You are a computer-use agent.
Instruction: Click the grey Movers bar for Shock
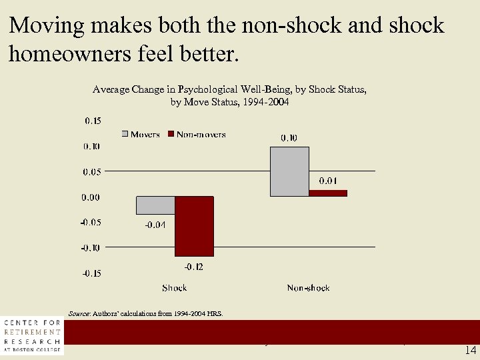pyautogui.click(x=155, y=205)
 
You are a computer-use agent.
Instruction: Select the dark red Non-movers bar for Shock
pyautogui.click(x=194, y=227)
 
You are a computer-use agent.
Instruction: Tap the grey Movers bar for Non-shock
pyautogui.click(x=289, y=171)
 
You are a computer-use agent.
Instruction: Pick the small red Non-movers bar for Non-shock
pyautogui.click(x=328, y=193)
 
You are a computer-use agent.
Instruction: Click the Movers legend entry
pyautogui.click(x=141, y=134)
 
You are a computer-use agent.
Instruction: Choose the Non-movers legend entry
pyautogui.click(x=197, y=134)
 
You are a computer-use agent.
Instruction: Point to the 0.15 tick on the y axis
pyautogui.click(x=93, y=121)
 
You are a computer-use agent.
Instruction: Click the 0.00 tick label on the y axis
pyautogui.click(x=91, y=197)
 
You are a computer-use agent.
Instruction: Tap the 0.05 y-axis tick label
pyautogui.click(x=92, y=171)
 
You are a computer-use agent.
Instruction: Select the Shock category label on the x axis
pyautogui.click(x=175, y=288)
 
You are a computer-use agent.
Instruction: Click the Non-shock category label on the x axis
pyautogui.click(x=309, y=288)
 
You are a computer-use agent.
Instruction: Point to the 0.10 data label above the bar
pyautogui.click(x=289, y=138)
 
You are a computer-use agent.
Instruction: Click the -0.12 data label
pyautogui.click(x=194, y=267)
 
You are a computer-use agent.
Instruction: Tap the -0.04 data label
pyautogui.click(x=155, y=225)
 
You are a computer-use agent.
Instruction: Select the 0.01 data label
pyautogui.click(x=328, y=181)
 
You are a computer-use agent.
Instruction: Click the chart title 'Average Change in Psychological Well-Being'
pyautogui.click(x=230, y=89)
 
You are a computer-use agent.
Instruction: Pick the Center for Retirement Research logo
pyautogui.click(x=31, y=335)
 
